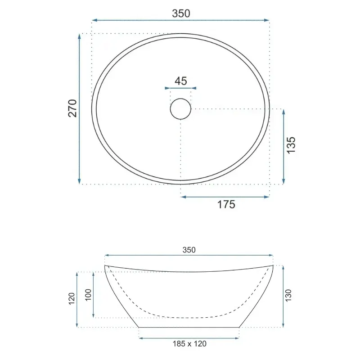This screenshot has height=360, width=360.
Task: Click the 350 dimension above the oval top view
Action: [x=181, y=13]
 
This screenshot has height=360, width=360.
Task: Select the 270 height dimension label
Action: [x=72, y=108]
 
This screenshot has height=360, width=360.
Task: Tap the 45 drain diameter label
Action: [x=181, y=81]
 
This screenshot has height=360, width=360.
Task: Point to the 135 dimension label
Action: [x=291, y=145]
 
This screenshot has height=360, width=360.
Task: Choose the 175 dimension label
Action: [x=226, y=204]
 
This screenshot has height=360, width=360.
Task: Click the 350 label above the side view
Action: [x=189, y=250]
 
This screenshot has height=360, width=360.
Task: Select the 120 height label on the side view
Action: [x=72, y=299]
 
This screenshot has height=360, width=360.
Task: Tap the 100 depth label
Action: [x=88, y=295]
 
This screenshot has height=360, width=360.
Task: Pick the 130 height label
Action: [x=288, y=296]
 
